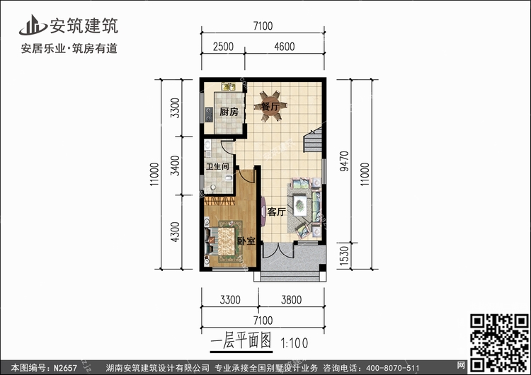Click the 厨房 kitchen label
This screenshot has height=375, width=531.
tap(227, 112)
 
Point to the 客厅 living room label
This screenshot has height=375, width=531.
tap(276, 212)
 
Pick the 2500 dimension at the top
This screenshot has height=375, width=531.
tap(223, 47)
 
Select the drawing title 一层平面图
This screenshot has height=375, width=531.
tap(241, 341)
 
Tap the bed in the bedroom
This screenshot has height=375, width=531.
tap(224, 239)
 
